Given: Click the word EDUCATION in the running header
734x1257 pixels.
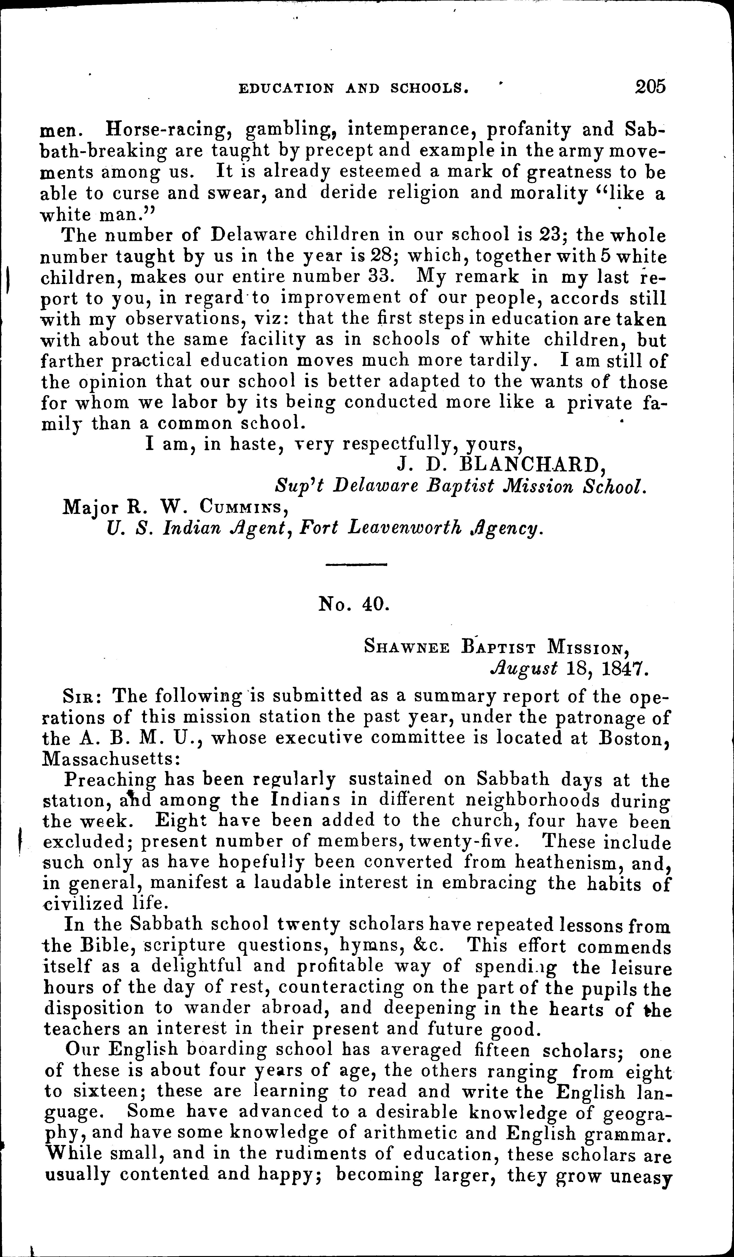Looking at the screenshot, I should point(287,89).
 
